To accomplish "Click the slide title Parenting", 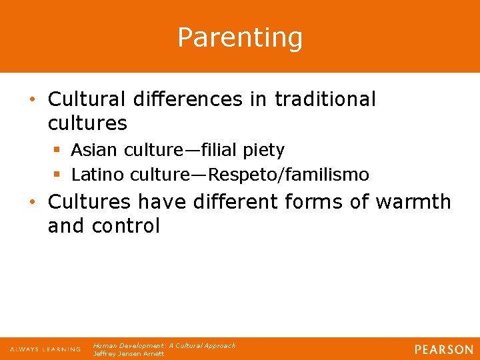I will pos(240,37).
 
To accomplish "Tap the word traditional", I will pos(325,99).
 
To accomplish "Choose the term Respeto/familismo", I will pos(289,175).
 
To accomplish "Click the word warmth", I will pos(413,201).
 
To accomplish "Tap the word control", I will pos(127,226).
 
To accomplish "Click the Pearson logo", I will pos(443,349).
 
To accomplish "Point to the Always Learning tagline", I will pos(45,349).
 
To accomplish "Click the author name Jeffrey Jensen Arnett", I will pos(128,354).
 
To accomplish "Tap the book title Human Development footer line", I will pos(164,346).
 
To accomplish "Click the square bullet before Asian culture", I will pos(57,150).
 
